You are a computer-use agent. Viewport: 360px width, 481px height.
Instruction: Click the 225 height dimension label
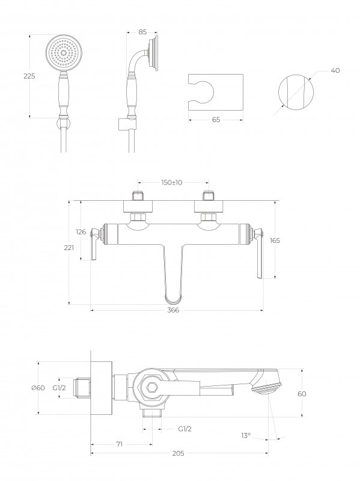[29, 76]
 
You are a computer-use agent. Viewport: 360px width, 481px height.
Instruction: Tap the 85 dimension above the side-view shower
[142, 32]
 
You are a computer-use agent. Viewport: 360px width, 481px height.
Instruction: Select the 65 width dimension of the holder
[216, 120]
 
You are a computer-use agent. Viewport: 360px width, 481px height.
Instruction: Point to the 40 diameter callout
[335, 70]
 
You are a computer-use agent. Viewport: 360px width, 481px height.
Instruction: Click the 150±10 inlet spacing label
[172, 183]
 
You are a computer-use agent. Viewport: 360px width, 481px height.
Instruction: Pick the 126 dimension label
[81, 232]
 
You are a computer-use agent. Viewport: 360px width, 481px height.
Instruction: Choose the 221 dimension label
[69, 248]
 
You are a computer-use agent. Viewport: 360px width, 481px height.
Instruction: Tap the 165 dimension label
[275, 240]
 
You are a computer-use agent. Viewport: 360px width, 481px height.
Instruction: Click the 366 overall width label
[173, 310]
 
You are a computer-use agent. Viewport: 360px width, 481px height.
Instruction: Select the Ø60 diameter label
[38, 388]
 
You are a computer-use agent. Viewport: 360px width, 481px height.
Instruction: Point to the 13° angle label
[246, 435]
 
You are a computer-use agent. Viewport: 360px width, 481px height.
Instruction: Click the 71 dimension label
[120, 444]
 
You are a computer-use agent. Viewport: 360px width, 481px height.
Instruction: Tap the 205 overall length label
[178, 453]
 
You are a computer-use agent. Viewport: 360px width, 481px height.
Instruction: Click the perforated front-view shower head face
[64, 52]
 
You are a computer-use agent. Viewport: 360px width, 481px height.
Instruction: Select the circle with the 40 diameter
[296, 92]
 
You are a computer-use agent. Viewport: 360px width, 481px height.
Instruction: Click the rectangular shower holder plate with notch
[216, 92]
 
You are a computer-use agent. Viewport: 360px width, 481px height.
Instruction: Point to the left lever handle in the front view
[95, 244]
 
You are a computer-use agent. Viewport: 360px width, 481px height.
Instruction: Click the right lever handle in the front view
[260, 253]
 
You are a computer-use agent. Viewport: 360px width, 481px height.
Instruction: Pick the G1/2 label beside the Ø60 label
[59, 388]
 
